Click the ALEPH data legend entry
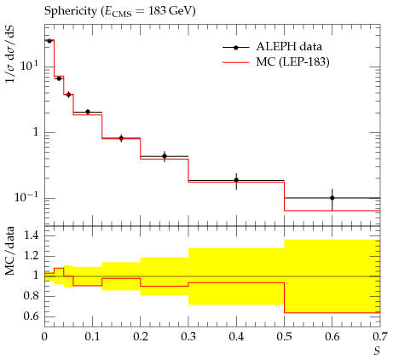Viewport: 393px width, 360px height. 272,47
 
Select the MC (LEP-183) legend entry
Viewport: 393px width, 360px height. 276,61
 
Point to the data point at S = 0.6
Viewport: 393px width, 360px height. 332,198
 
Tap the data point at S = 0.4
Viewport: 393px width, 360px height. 236,180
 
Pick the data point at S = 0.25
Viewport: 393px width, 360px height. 165,156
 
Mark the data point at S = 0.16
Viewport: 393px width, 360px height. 121,138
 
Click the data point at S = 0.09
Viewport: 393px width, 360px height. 88,112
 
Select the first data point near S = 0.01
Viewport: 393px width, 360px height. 49,41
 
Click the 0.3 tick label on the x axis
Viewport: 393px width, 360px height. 188,337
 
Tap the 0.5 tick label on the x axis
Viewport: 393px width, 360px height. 284,337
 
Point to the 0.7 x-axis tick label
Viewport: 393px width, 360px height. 380,337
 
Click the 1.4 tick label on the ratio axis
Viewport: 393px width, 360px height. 31,235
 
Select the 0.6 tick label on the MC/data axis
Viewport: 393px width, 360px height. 31,316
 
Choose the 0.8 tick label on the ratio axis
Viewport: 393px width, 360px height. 31,296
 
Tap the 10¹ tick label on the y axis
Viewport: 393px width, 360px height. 29,66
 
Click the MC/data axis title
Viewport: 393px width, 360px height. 9,251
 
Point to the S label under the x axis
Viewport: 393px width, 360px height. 377,351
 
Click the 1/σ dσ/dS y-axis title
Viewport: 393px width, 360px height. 10,54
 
